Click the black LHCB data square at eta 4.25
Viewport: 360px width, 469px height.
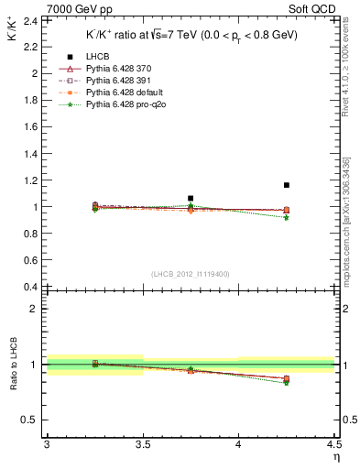click(x=287, y=185)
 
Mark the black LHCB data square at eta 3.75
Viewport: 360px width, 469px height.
click(x=191, y=198)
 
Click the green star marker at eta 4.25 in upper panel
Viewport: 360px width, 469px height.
click(x=287, y=217)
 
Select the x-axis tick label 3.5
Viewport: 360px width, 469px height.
click(x=142, y=445)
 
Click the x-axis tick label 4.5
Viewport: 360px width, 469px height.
click(x=333, y=445)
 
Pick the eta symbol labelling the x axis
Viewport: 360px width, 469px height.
click(x=335, y=456)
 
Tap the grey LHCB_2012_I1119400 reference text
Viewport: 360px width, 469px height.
click(x=191, y=274)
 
